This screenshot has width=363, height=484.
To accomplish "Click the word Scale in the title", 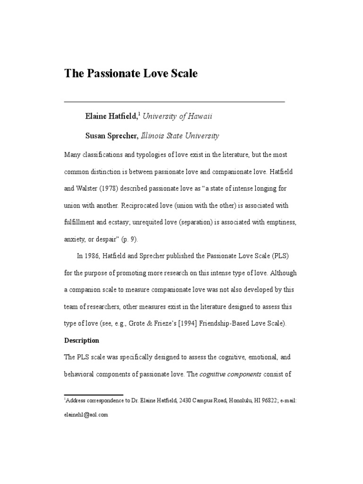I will pyautogui.click(x=181, y=74).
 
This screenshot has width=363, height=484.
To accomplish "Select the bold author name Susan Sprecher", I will pyautogui.click(x=112, y=136).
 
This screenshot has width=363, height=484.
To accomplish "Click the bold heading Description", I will pyautogui.click(x=82, y=340).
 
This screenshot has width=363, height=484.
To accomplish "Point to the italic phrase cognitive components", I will pyautogui.click(x=230, y=374).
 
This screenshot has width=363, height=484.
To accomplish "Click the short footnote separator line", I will pyautogui.click(x=93, y=395).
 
